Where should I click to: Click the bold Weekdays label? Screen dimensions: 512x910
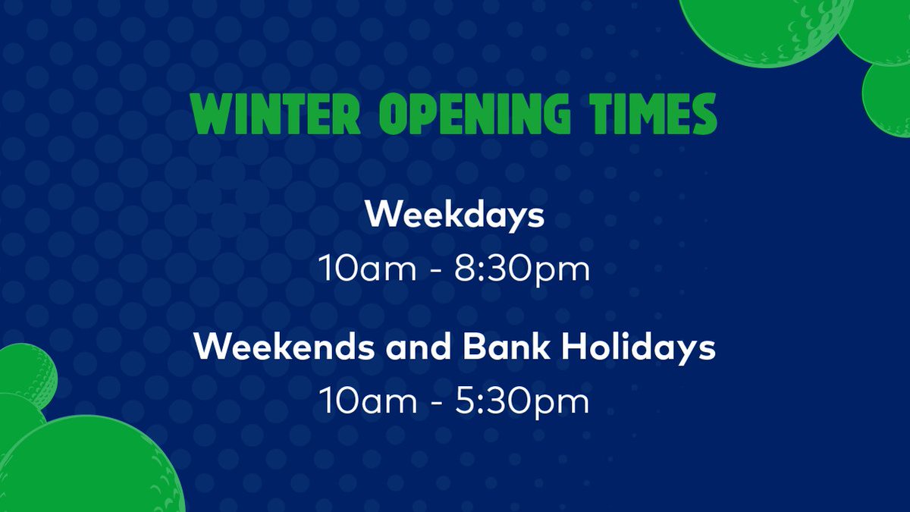(x=454, y=215)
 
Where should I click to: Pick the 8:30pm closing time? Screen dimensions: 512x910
(x=522, y=270)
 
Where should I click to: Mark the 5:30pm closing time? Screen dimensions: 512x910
(x=522, y=402)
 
